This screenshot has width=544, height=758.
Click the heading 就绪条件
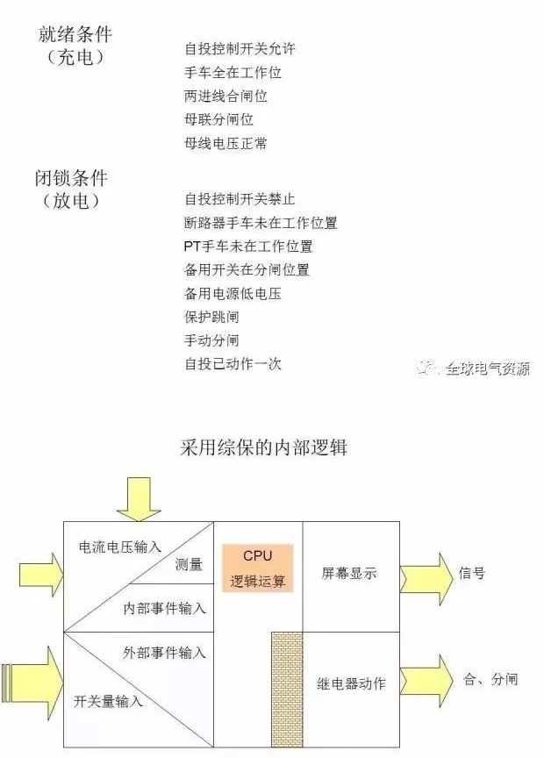[75, 34]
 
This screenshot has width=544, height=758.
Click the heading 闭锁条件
[71, 178]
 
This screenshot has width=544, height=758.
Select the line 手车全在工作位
[233, 73]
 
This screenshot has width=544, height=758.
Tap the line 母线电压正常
[225, 143]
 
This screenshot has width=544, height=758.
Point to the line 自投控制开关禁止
[240, 198]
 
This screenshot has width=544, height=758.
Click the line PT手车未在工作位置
[248, 246]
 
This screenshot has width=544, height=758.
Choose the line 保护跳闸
[211, 317]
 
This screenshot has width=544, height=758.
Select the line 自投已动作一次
[233, 363]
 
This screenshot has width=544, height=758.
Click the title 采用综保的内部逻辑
[263, 447]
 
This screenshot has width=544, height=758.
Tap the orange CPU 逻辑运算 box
[258, 568]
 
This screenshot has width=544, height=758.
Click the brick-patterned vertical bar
[287, 690]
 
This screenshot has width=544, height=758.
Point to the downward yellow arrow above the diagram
[139, 499]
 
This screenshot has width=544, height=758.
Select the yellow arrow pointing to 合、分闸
[426, 682]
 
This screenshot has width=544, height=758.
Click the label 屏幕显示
[349, 574]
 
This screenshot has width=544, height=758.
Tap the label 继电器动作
[351, 683]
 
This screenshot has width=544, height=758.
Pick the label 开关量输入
[108, 700]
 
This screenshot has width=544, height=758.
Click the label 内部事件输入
[164, 608]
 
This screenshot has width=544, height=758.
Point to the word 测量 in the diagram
[189, 563]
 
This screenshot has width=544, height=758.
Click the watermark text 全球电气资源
[488, 368]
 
